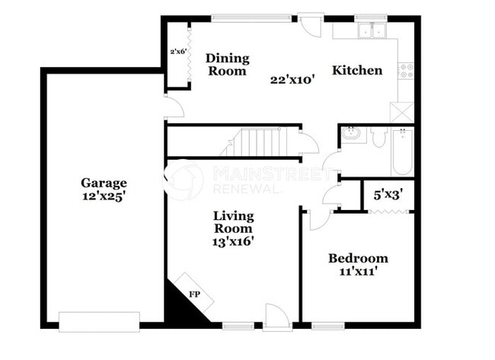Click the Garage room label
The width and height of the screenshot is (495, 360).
tap(105, 183)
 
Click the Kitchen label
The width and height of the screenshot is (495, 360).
tap(356, 71)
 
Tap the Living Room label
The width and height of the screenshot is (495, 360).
tap(233, 221)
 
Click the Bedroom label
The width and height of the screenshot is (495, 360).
tap(358, 258)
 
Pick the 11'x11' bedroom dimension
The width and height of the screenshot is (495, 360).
tap(354, 271)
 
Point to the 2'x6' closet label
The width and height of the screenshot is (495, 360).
tap(178, 52)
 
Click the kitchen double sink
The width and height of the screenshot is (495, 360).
tap(372, 31)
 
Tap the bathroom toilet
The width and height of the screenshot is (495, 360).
tap(379, 136)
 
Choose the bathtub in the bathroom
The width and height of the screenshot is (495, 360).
tap(401, 151)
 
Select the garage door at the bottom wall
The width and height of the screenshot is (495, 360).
tap(99, 320)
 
